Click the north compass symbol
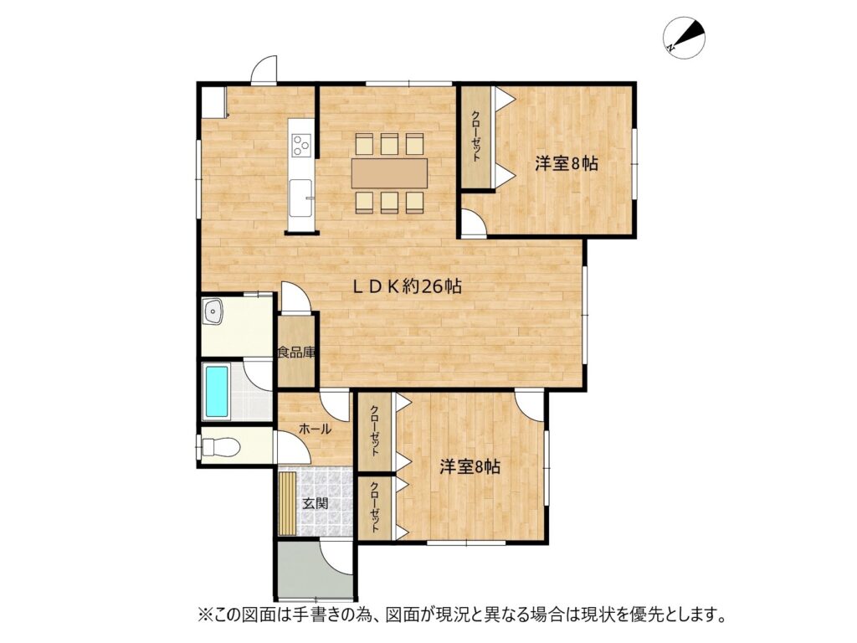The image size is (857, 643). (x=685, y=39)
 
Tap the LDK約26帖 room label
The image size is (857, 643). (x=408, y=286)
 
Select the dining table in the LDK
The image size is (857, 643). (x=390, y=172)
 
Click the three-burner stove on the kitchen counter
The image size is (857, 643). (x=301, y=145)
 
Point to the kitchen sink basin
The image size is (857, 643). (x=300, y=198)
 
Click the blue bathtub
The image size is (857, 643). (x=217, y=392)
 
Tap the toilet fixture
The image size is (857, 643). (x=220, y=447)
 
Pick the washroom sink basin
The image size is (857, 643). (x=213, y=312)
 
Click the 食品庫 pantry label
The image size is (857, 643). (x=297, y=352)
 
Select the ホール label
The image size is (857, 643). (x=315, y=430)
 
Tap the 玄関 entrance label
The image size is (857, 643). (x=316, y=502)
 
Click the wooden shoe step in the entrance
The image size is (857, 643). (x=288, y=503)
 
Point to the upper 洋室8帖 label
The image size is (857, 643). (x=567, y=163)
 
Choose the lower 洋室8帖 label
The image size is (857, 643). (x=470, y=467)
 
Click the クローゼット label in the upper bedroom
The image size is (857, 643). (x=476, y=136)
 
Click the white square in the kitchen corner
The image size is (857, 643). (x=213, y=101)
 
